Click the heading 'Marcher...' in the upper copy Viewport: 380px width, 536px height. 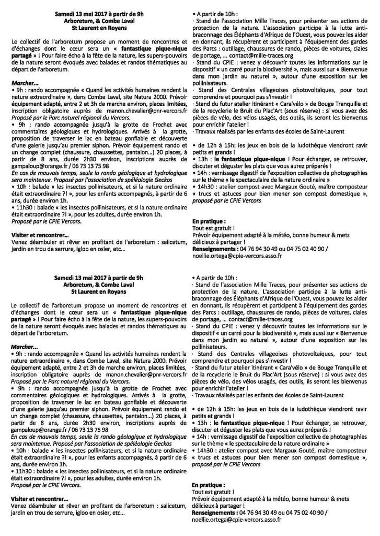click(24, 83)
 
